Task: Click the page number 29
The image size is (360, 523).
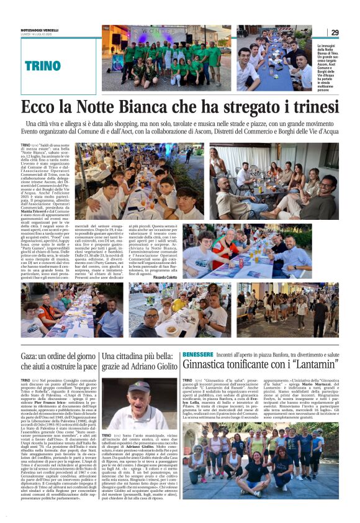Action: coord(334,32)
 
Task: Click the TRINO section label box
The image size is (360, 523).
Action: coord(43,65)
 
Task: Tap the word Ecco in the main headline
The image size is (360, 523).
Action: coord(41,107)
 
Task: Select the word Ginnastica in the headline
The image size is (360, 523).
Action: coord(211,366)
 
